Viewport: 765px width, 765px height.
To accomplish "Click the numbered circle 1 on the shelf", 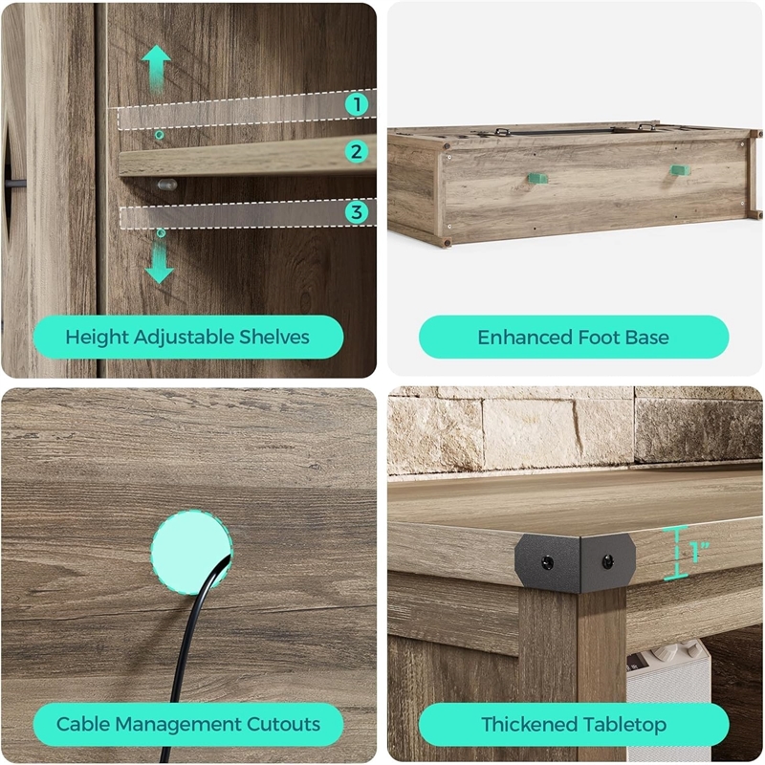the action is (357, 104).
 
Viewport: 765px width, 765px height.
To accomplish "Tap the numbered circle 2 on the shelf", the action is (357, 152).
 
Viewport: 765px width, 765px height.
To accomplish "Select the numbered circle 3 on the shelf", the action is (357, 212).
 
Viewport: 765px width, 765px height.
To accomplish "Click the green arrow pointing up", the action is (156, 69).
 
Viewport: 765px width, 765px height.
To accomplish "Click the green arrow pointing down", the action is (159, 262).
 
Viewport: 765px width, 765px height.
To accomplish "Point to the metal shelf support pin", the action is (166, 185).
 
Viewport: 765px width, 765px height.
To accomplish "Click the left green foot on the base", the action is (537, 178).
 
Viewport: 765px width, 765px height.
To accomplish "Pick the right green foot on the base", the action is (680, 170).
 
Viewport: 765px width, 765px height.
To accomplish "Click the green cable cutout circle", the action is (191, 552).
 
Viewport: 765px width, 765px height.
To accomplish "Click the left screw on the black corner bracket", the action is (547, 563).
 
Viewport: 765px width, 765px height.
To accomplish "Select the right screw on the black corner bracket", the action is (607, 562).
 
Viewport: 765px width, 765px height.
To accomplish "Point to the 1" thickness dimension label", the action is (699, 552).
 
